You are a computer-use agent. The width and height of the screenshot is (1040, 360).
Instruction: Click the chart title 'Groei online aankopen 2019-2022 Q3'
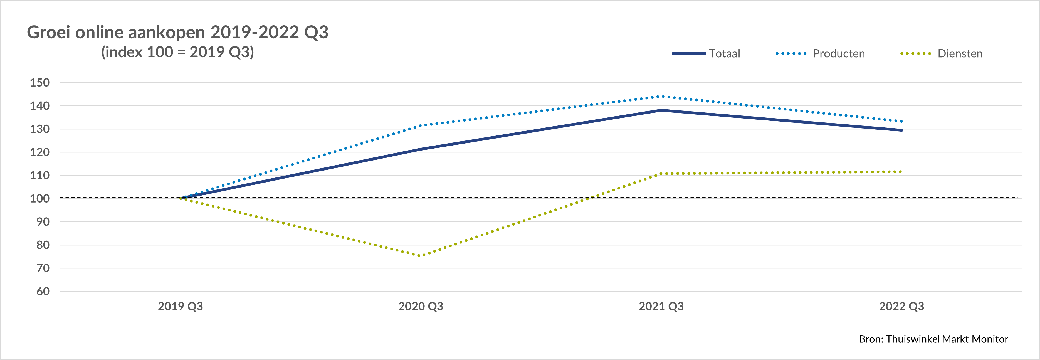click(178, 32)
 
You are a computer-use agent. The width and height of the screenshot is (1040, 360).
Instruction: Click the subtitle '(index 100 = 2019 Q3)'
click(178, 52)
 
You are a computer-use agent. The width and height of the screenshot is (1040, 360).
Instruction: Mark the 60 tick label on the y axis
click(43, 291)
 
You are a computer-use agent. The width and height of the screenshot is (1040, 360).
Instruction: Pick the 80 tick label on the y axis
click(43, 245)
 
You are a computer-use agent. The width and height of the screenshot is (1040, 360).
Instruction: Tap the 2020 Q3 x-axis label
click(421, 306)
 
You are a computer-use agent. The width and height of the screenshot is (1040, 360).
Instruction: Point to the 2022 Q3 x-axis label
click(901, 306)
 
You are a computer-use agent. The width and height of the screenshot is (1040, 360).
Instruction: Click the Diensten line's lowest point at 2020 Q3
click(420, 255)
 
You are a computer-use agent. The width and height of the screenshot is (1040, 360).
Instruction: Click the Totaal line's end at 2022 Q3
click(901, 130)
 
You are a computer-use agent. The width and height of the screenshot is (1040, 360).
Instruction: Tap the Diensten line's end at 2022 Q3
click(901, 172)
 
